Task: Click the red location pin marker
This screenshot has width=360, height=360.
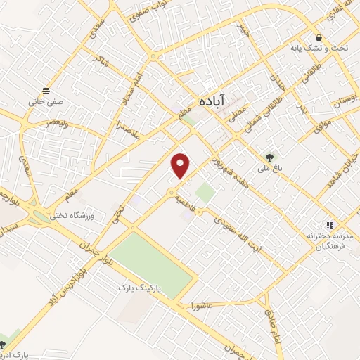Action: (181, 165)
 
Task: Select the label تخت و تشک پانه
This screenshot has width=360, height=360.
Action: (320, 49)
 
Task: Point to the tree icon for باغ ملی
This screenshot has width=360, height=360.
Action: (269, 157)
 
